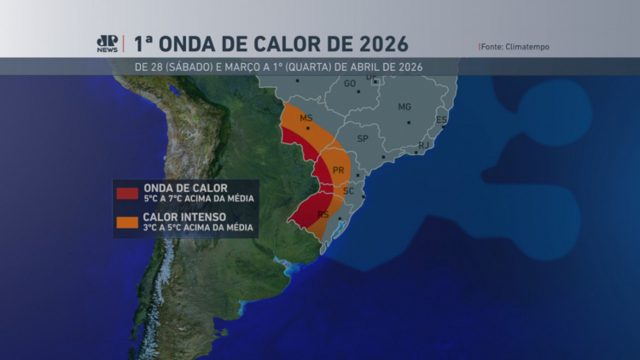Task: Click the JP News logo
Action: tap(107, 44)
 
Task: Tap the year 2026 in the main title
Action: tap(377, 44)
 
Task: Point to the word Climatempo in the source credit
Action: tap(531, 46)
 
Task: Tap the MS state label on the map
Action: tap(306, 118)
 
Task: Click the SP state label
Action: tap(363, 138)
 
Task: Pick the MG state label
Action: tap(404, 107)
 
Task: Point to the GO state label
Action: tap(350, 84)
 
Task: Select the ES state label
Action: tap(441, 119)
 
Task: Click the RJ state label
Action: tap(423, 145)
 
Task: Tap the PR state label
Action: tap(338, 171)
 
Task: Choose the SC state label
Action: tap(348, 191)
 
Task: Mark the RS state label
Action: tap(323, 215)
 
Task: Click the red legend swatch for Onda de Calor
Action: tap(128, 194)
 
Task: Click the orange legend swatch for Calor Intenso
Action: tap(128, 222)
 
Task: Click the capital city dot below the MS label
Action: tap(308, 129)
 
